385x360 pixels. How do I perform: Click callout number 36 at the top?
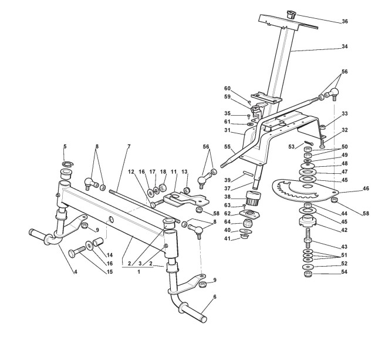[345, 22]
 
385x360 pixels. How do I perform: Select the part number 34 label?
[345, 46]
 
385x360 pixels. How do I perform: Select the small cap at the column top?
[292, 13]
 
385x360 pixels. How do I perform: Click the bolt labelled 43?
[308, 241]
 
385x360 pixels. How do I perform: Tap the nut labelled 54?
[308, 274]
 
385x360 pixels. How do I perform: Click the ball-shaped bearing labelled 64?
[248, 224]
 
